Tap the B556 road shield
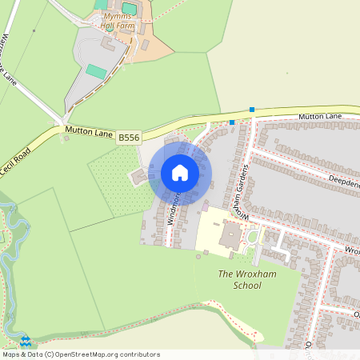tap(128, 138)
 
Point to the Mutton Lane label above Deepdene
tap(320, 117)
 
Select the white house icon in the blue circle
tap(179, 173)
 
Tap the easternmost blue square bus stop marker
tap(252, 110)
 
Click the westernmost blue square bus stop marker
tap(232, 122)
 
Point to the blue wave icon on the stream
tap(25, 339)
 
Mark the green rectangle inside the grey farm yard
tap(96, 70)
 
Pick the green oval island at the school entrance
tap(253, 236)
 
